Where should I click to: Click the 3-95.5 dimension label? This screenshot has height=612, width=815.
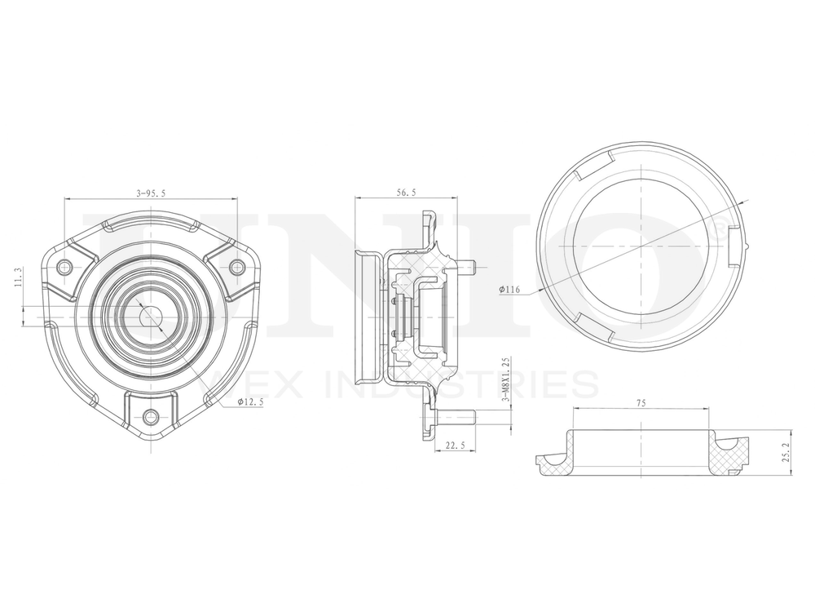[x=151, y=193]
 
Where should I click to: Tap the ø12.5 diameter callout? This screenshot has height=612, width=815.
[x=250, y=401]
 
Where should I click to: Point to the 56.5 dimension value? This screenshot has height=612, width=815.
[x=405, y=193]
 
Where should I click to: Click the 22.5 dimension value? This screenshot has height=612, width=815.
[x=456, y=445]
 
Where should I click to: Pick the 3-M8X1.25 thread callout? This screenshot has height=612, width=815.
[x=506, y=380]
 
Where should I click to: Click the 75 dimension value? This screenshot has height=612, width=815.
[x=641, y=402]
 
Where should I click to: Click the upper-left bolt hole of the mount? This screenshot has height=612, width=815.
[x=65, y=266]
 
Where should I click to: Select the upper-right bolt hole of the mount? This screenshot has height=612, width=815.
[x=236, y=266]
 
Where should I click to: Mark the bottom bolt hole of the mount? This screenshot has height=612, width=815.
[x=151, y=417]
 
